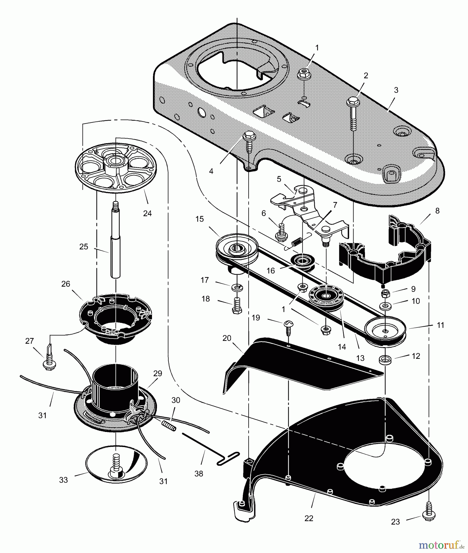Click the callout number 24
point(147,213)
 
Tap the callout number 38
point(199,474)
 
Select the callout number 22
point(309,518)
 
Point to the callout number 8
point(438,211)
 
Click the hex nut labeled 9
point(385,293)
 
